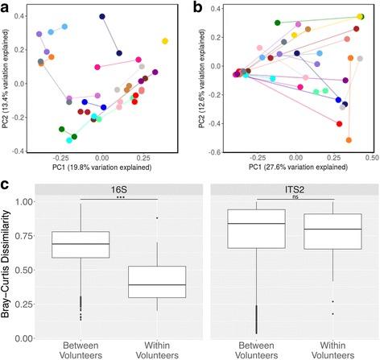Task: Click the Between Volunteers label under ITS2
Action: coord(248,347)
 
